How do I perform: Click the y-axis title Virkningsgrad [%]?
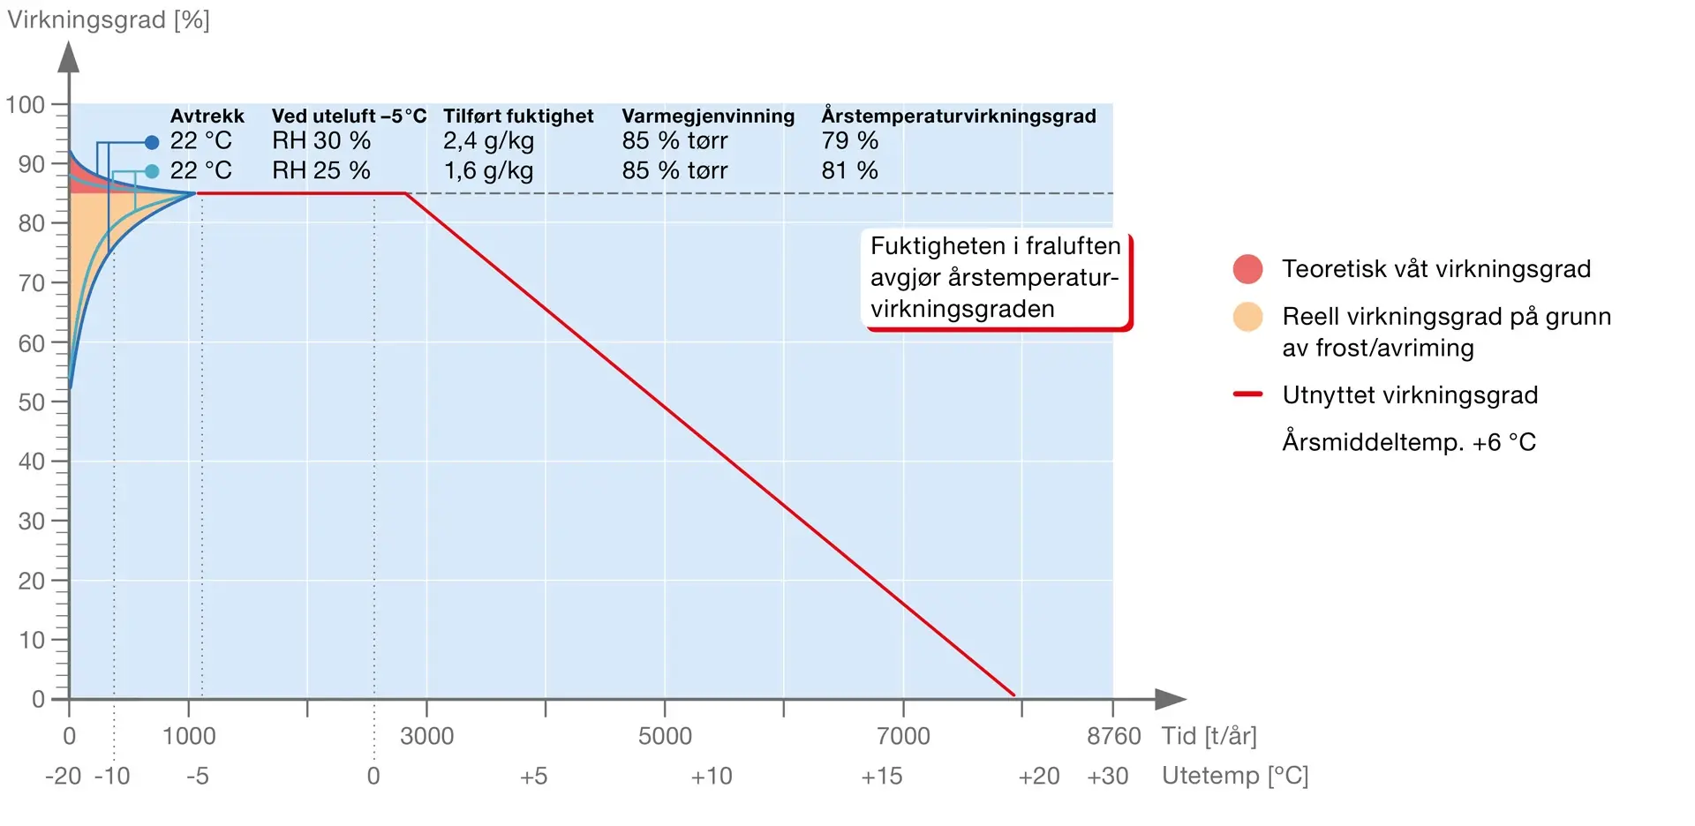pos(109,20)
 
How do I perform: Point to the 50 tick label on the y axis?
pos(32,402)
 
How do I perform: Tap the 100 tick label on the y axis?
pos(26,105)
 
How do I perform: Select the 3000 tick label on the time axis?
pos(426,736)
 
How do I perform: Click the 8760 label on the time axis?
pos(1113,736)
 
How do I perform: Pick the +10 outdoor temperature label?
pos(712,777)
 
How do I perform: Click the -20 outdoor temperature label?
pos(63,777)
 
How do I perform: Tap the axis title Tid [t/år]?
pos(1209,736)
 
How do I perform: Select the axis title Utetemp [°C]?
pos(1234,777)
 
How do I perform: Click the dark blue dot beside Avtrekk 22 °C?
pos(152,142)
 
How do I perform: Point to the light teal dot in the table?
pos(152,171)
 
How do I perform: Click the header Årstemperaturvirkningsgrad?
pos(959,116)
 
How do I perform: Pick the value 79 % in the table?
pos(849,141)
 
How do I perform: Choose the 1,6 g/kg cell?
pos(488,170)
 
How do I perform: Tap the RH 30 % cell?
pos(320,141)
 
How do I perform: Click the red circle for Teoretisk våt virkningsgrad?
pos(1247,269)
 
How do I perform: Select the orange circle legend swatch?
pos(1247,317)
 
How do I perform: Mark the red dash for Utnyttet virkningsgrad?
pos(1247,394)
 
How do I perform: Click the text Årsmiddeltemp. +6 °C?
pos(1409,442)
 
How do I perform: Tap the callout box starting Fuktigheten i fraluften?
pos(995,278)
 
